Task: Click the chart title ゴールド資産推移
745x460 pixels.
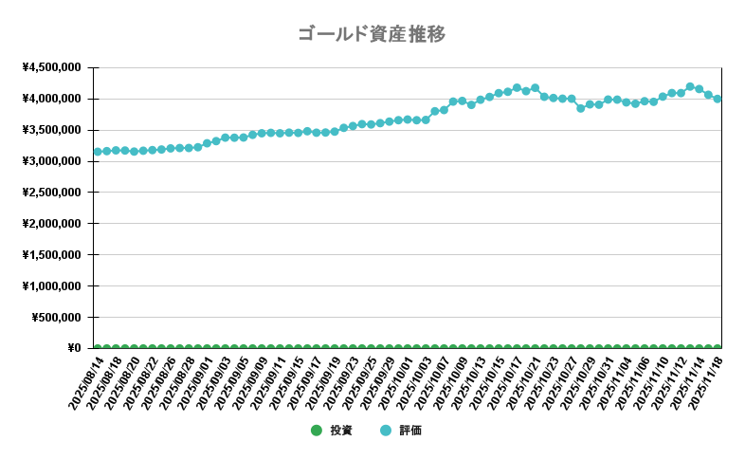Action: click(x=372, y=35)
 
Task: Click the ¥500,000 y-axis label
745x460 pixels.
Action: click(x=57, y=317)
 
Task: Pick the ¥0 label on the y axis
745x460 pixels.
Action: click(x=74, y=348)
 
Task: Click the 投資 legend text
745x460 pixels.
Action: click(x=341, y=431)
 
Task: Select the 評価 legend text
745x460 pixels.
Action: click(x=409, y=431)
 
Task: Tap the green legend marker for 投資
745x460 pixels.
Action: click(x=317, y=431)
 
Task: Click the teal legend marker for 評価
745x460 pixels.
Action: click(x=385, y=431)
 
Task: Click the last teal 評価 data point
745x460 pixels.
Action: click(x=718, y=99)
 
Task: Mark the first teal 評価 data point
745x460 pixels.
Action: click(x=98, y=152)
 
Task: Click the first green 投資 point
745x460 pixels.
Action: click(x=98, y=348)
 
